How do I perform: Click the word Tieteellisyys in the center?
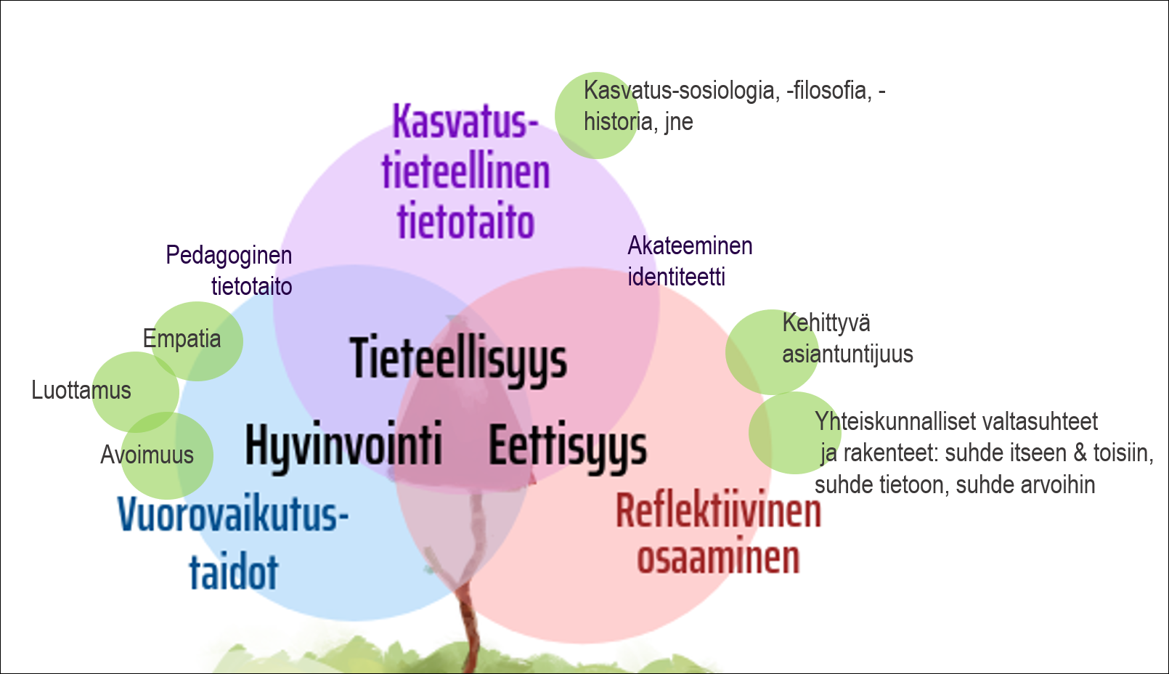(458, 360)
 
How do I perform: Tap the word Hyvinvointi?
(344, 447)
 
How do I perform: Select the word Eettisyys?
(568, 447)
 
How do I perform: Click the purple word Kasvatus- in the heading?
(465, 121)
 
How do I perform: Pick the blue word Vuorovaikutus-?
(233, 514)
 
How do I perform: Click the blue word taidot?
(234, 572)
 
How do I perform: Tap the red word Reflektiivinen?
(719, 511)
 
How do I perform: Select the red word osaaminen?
(719, 558)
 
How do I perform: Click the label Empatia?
(182, 339)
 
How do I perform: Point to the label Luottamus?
(81, 391)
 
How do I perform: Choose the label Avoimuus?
(147, 455)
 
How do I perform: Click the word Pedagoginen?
(229, 256)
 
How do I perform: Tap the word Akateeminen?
(690, 245)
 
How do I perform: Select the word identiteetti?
(677, 277)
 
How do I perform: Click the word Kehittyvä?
(826, 322)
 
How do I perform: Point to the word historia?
(619, 121)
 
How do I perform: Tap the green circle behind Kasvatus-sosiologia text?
(597, 115)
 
